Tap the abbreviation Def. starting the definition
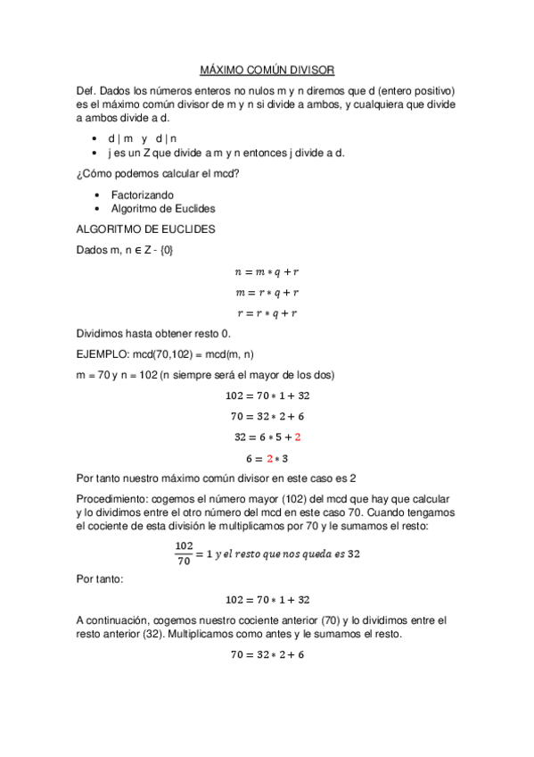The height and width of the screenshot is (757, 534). (86, 91)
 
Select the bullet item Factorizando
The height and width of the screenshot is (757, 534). (142, 194)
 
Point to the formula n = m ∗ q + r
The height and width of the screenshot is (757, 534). (266, 271)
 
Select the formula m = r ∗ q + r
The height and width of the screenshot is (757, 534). (266, 293)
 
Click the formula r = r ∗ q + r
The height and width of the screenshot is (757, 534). (266, 313)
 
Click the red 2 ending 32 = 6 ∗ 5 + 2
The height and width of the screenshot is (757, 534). (298, 437)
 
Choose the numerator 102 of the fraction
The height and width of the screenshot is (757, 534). (185, 545)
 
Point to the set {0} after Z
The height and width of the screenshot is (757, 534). (166, 250)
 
